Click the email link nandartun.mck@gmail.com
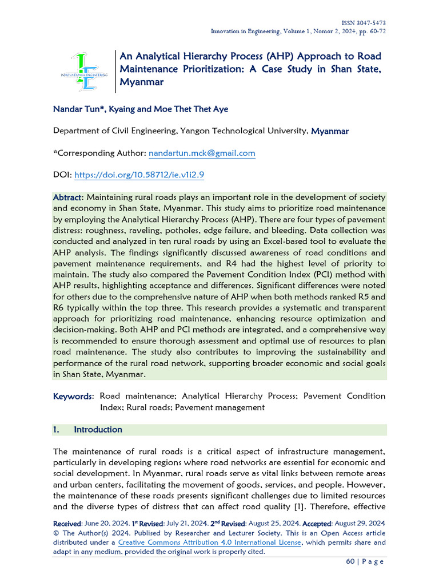pyautogui.click(x=202, y=153)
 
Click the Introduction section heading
pyautogui.click(x=98, y=430)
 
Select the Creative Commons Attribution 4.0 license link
pyautogui.click(x=210, y=543)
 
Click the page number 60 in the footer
pyautogui.click(x=350, y=561)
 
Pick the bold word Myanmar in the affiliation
pyautogui.click(x=330, y=131)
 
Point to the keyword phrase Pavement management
pyautogui.click(x=220, y=407)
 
